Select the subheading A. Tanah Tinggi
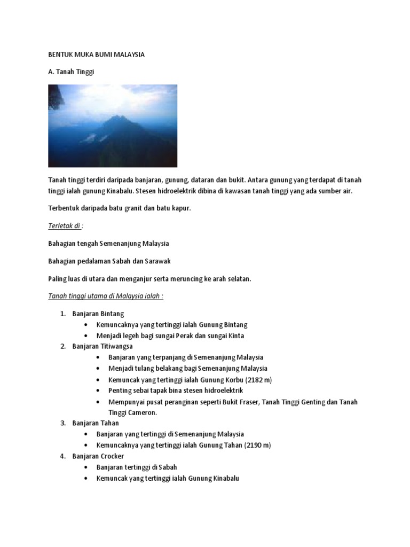[x=71, y=72]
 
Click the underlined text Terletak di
[x=65, y=226]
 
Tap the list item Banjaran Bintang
[x=98, y=314]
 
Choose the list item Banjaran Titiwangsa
[x=102, y=346]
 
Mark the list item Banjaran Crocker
[x=98, y=456]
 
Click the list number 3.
[x=62, y=423]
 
